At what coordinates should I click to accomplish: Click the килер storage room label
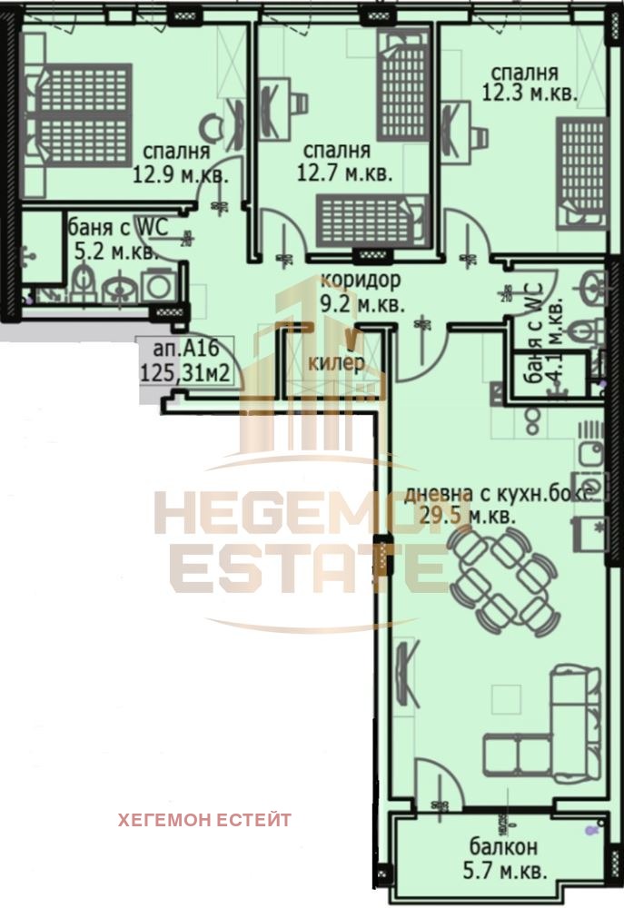pos(336,364)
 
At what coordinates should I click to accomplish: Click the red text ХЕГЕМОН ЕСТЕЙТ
pos(204,820)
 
